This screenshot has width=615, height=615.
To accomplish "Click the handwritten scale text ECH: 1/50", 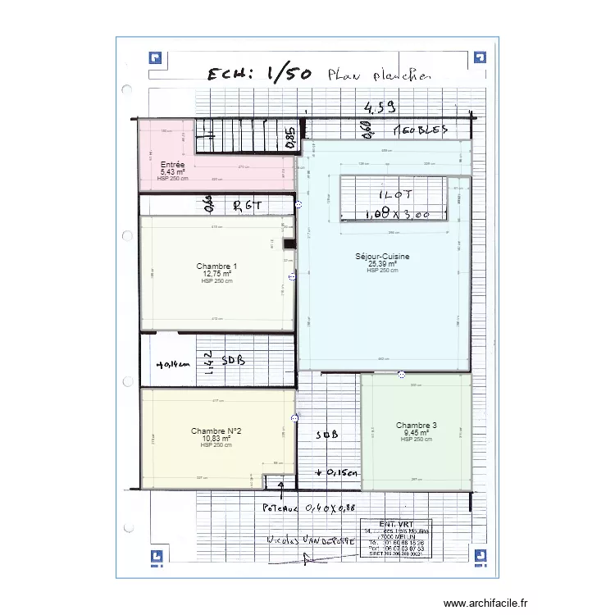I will pyautogui.click(x=259, y=75).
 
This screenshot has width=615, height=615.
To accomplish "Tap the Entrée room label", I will pyautogui.click(x=172, y=165).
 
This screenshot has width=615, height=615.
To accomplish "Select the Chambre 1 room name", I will pyautogui.click(x=216, y=266).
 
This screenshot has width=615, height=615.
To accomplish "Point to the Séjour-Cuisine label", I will pyautogui.click(x=382, y=257).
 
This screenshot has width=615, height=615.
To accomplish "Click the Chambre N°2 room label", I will pyautogui.click(x=216, y=431).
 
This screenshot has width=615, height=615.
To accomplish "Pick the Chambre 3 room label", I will pyautogui.click(x=417, y=426).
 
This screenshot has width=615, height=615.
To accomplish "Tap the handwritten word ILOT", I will pyautogui.click(x=395, y=196).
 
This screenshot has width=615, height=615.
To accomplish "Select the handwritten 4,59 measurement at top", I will pyautogui.click(x=380, y=107).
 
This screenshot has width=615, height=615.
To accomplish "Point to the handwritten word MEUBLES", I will pyautogui.click(x=421, y=130).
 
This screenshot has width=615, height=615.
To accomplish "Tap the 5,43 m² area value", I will pyautogui.click(x=172, y=172).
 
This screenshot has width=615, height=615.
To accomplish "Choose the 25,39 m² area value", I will pyautogui.click(x=382, y=264).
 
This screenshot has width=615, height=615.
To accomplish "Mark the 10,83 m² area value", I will pyautogui.click(x=216, y=439).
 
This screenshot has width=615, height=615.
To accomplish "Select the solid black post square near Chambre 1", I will pyautogui.click(x=289, y=244).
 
